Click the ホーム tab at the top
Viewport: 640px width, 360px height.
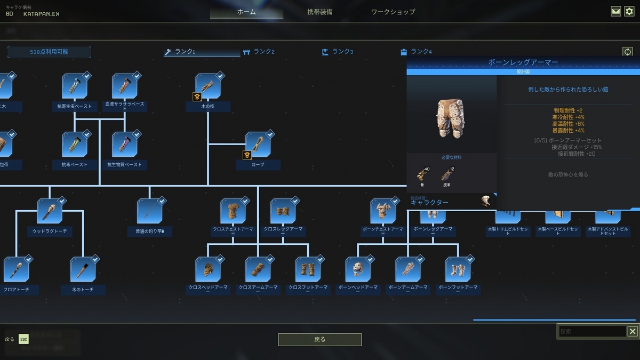click(x=246, y=12)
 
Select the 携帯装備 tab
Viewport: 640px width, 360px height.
click(x=319, y=12)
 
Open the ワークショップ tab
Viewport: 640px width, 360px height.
click(x=393, y=12)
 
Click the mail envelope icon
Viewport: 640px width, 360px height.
click(x=616, y=11)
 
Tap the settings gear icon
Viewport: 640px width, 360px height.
click(x=629, y=11)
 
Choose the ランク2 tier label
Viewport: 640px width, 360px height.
click(x=263, y=52)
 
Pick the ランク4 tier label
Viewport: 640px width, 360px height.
click(x=420, y=52)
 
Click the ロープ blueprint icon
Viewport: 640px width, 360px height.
click(x=258, y=145)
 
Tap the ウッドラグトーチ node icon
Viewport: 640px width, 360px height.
click(x=49, y=211)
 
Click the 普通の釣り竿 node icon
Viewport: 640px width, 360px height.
click(x=149, y=211)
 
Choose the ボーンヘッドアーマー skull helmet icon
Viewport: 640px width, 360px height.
click(x=358, y=269)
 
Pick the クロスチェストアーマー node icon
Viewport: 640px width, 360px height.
click(x=233, y=211)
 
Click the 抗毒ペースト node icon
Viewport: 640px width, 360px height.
click(x=74, y=145)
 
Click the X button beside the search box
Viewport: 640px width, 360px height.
click(x=632, y=331)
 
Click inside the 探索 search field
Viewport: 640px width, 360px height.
click(x=592, y=331)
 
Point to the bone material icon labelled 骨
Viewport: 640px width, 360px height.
click(x=422, y=174)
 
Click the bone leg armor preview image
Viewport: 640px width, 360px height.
click(x=451, y=117)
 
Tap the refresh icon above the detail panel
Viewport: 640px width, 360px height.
click(x=627, y=52)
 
